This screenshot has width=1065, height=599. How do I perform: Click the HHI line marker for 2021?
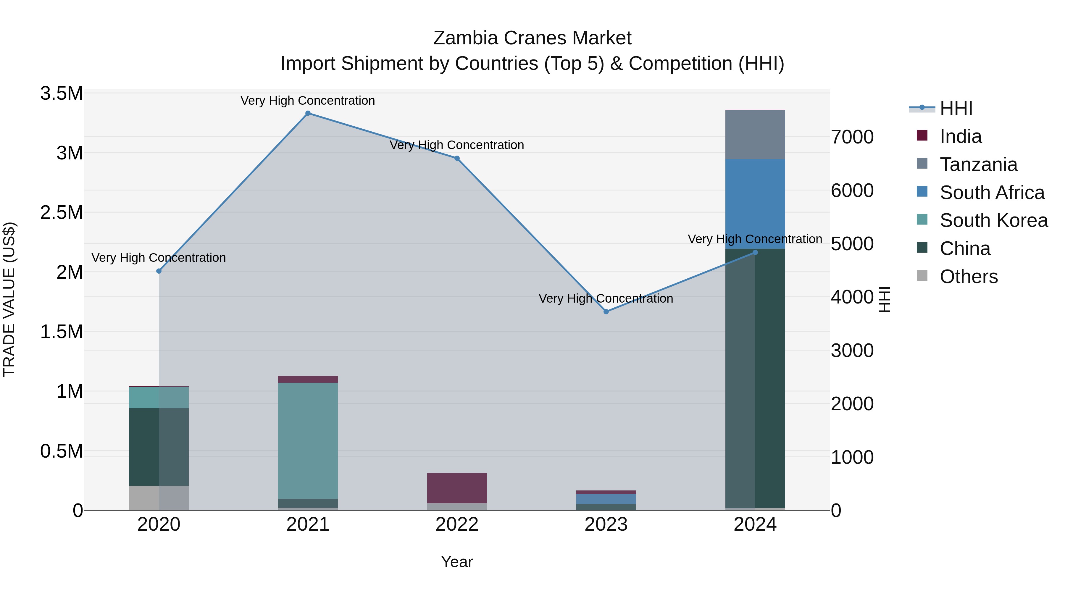point(308,113)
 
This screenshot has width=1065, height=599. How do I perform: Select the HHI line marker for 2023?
point(606,312)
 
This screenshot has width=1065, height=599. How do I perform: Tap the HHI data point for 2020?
point(159,271)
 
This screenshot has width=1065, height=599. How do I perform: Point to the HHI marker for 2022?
point(457,158)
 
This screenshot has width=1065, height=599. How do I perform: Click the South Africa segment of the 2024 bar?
point(755,204)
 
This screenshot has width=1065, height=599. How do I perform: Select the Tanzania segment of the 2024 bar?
point(755,135)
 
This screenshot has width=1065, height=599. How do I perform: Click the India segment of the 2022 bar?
point(457,488)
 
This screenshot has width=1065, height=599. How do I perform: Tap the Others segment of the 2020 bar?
point(159,498)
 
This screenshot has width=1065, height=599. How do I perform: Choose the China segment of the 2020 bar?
point(159,447)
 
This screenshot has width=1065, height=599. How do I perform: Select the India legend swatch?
point(922,135)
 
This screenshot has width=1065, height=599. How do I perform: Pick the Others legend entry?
point(968,277)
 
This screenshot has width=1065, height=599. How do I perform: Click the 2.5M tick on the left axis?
point(62,212)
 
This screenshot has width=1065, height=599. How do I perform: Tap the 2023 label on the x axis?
point(606,524)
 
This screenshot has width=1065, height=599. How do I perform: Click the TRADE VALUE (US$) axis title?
point(9,299)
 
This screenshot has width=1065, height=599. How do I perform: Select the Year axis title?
point(457,562)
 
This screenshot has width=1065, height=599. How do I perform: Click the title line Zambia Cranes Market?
point(532,38)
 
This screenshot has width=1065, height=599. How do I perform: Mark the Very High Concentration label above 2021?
point(308,101)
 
